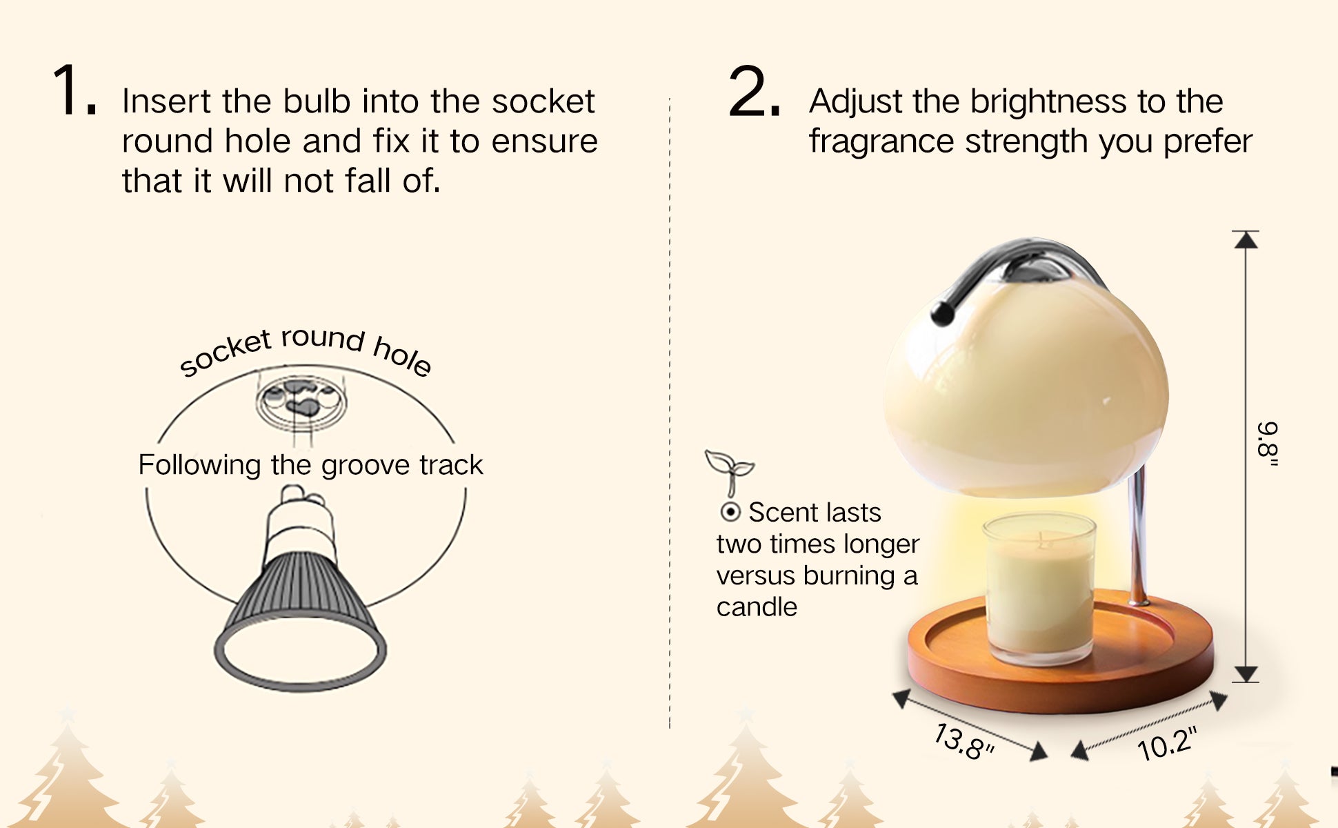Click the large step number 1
[x=74, y=90]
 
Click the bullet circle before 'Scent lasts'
[x=730, y=513]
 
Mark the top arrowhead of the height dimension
[x=1246, y=239]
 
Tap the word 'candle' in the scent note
[x=757, y=607]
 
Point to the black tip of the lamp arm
[x=941, y=315]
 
